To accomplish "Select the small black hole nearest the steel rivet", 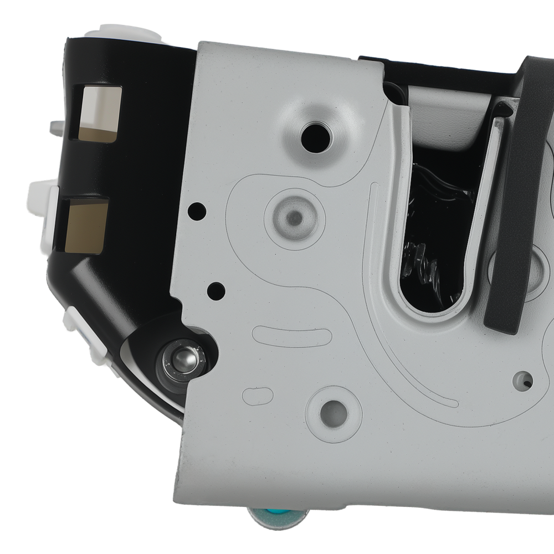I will pos(216,289).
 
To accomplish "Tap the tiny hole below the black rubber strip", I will pos(525,380).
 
